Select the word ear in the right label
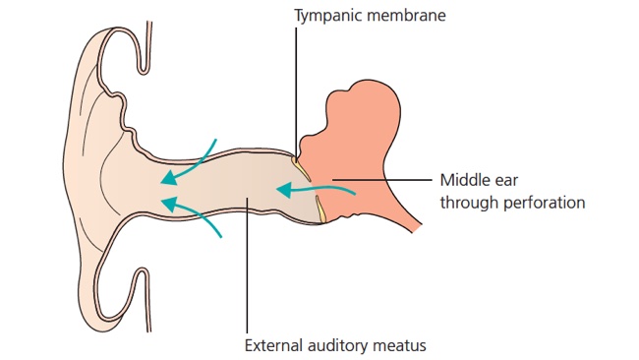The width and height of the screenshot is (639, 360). click(508, 181)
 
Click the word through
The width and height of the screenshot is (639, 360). click(469, 203)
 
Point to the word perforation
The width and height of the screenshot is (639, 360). click(544, 203)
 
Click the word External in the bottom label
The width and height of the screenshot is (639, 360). click(273, 345)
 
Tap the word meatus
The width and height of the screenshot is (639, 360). click(400, 345)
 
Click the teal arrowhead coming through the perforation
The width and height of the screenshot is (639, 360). click(284, 190)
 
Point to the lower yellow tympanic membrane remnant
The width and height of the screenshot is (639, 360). click(320, 210)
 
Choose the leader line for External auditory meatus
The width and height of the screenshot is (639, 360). click(247, 266)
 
